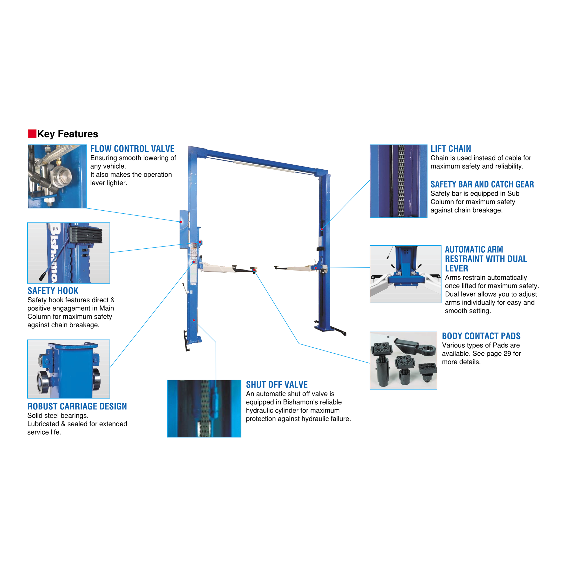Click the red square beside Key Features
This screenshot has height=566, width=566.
tap(32, 134)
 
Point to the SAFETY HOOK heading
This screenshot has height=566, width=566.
tap(53, 291)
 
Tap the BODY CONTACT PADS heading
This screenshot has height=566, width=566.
tap(481, 336)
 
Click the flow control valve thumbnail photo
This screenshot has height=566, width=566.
tap(57, 176)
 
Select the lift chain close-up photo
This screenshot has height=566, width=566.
tap(398, 181)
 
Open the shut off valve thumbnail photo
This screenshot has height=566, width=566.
tap(204, 408)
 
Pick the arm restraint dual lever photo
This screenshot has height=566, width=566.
tap(405, 274)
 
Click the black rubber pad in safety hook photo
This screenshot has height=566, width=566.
tap(86, 234)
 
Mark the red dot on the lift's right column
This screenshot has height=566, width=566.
tap(322, 229)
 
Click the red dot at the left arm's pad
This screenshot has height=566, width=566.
tap(254, 270)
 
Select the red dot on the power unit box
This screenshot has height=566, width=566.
tap(181, 222)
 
